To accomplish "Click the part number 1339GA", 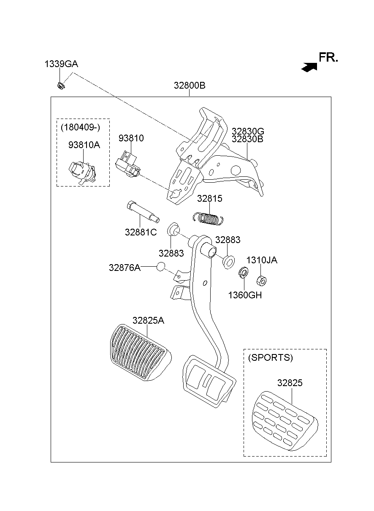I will point(61,64).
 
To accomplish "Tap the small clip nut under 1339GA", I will point(61,86).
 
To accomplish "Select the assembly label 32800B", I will point(189,85).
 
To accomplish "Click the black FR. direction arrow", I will point(309,66).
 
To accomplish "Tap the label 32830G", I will point(247,131).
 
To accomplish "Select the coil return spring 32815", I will point(208,218).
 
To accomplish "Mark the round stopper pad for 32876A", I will point(160,267).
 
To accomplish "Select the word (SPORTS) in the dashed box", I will point(270,357).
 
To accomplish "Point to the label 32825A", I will point(148,320).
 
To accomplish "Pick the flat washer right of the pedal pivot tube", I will point(228,261).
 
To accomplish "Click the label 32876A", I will point(125,267).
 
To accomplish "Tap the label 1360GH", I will point(245,295).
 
